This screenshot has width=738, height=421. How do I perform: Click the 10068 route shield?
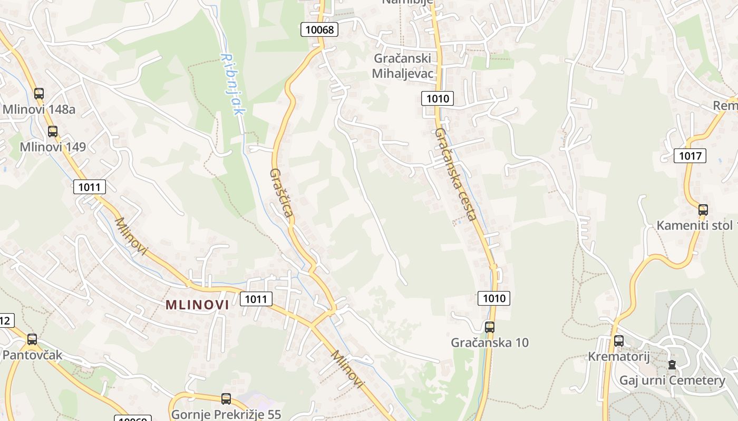click(319, 29)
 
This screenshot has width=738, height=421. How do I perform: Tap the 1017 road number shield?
click(690, 155)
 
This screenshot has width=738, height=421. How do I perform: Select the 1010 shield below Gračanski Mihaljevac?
click(438, 98)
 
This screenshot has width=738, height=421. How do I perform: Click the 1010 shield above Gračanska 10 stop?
click(494, 298)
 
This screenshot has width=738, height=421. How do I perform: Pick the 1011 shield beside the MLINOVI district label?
click(256, 299)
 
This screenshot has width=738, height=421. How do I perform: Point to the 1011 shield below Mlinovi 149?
click(90, 186)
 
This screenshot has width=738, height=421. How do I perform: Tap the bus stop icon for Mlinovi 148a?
click(39, 94)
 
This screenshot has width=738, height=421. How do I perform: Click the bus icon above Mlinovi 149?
click(53, 131)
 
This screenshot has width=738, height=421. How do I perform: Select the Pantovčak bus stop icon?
click(32, 339)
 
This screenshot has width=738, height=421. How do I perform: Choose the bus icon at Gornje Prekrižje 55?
click(226, 399)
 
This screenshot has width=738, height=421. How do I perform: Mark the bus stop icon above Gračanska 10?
click(490, 327)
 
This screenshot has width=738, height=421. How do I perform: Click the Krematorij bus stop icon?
click(619, 341)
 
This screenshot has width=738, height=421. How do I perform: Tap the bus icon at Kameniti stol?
click(703, 209)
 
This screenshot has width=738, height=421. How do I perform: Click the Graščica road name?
click(281, 193)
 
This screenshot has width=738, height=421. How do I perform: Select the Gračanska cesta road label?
click(456, 174)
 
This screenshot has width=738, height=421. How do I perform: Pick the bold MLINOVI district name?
click(197, 305)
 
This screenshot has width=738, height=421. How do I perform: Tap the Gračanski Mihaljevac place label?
click(403, 66)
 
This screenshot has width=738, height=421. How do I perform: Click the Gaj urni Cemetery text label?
click(672, 380)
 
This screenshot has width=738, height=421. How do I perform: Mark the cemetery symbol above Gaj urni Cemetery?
click(672, 364)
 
